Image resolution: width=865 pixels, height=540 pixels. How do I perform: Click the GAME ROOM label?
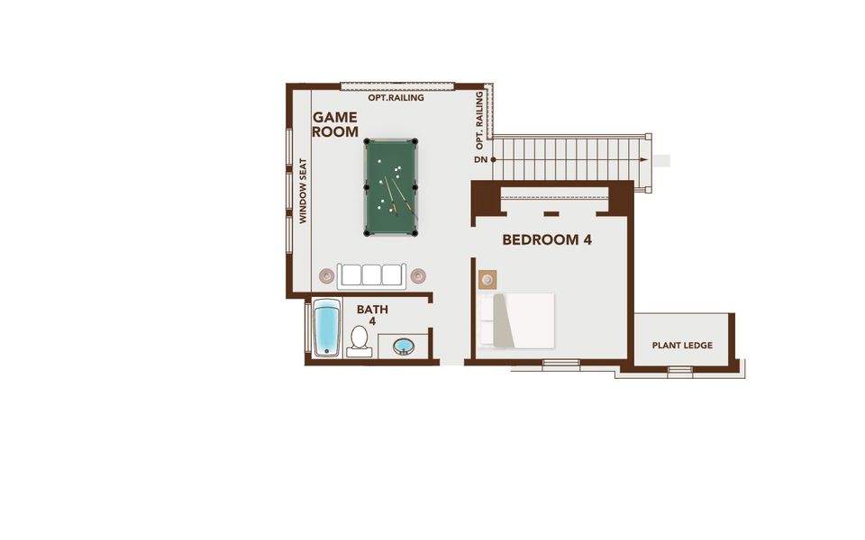pyautogui.click(x=335, y=124)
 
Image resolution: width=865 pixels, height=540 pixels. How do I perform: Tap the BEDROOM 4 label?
pyautogui.click(x=546, y=239)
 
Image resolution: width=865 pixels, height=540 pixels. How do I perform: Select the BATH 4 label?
pyautogui.click(x=372, y=315)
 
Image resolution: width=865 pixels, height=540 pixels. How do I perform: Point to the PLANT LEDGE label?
pyautogui.click(x=682, y=346)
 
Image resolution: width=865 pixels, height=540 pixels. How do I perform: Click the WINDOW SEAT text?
pyautogui.click(x=304, y=192)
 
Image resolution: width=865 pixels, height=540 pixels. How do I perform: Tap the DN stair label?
pyautogui.click(x=480, y=160)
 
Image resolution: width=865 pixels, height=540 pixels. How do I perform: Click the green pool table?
pyautogui.click(x=391, y=187)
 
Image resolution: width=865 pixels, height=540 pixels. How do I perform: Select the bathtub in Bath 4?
pyautogui.click(x=324, y=328)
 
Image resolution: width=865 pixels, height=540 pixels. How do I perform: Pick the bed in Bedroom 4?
pyautogui.click(x=515, y=320)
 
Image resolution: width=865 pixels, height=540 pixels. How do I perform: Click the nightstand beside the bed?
pyautogui.click(x=487, y=278)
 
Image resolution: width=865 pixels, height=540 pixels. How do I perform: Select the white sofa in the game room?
pyautogui.click(x=369, y=274)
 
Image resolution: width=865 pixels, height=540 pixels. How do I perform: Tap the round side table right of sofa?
pyautogui.click(x=417, y=275)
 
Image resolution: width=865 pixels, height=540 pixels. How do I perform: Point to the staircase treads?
pyautogui.click(x=568, y=159)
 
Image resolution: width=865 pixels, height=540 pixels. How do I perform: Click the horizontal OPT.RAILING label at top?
pyautogui.click(x=396, y=97)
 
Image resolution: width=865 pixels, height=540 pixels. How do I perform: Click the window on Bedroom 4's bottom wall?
pyautogui.click(x=561, y=363)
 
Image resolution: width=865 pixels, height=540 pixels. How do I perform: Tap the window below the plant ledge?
pyautogui.click(x=679, y=369)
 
